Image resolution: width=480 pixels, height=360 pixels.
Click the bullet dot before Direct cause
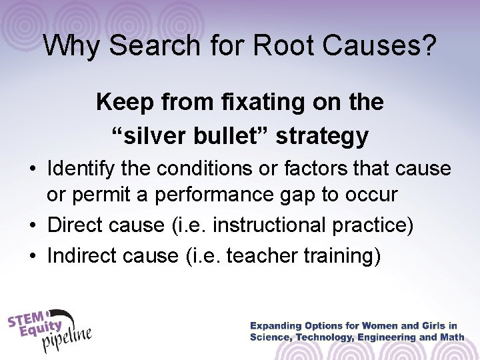tap(34, 225)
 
